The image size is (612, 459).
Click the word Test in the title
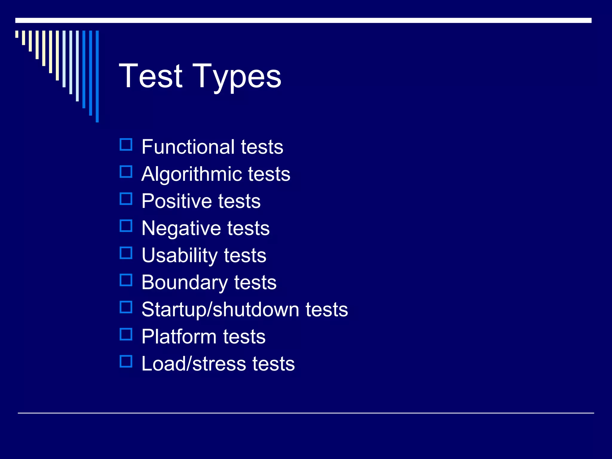[x=151, y=76]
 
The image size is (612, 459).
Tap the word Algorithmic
[x=191, y=174]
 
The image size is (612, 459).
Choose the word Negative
[x=180, y=228]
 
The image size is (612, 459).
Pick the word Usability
[x=180, y=255]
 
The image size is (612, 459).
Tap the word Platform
[x=179, y=336]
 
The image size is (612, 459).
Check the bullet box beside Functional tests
[x=126, y=145]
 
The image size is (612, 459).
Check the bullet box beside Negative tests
[x=126, y=226]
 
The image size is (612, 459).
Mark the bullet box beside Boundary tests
[x=126, y=280]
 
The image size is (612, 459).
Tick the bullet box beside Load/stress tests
[x=126, y=361]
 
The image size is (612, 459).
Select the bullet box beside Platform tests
[x=126, y=334]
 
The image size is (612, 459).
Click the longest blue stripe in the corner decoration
[x=97, y=76]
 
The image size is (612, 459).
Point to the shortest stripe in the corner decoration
[x=17, y=34]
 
